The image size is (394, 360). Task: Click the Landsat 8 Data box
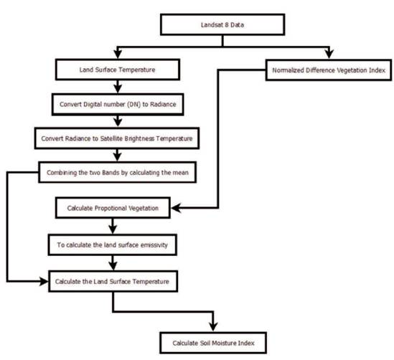(222, 24)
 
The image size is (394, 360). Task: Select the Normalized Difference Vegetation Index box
(329, 70)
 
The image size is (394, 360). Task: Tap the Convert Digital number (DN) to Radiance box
(118, 105)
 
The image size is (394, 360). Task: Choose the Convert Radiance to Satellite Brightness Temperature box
(117, 138)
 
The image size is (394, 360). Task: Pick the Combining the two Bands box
(118, 172)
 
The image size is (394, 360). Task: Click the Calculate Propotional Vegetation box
(113, 208)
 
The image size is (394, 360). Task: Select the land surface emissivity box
(113, 245)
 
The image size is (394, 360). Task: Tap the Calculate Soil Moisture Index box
(213, 343)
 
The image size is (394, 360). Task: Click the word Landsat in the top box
(210, 25)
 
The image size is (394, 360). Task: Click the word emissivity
(154, 245)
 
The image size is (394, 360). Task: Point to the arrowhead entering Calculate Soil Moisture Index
(213, 326)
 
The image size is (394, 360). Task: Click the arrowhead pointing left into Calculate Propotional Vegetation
(177, 208)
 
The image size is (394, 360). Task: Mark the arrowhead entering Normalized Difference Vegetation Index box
(329, 54)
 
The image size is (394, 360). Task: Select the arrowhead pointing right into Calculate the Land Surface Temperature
(43, 281)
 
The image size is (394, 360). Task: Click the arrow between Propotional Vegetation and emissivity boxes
(113, 226)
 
